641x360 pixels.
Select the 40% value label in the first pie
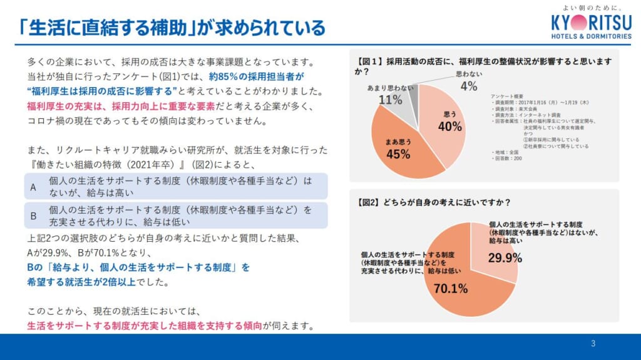click(449, 126)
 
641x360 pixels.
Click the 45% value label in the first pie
click(398, 153)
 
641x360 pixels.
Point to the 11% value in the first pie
click(390, 100)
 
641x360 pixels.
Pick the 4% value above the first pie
click(468, 86)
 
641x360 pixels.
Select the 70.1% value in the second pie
click(451, 289)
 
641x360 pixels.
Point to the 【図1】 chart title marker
click(369, 62)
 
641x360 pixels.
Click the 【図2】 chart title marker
click(369, 202)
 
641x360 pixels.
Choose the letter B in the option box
click(34, 215)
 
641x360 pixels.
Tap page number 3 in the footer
click(593, 344)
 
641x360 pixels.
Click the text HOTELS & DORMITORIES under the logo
click(592, 36)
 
